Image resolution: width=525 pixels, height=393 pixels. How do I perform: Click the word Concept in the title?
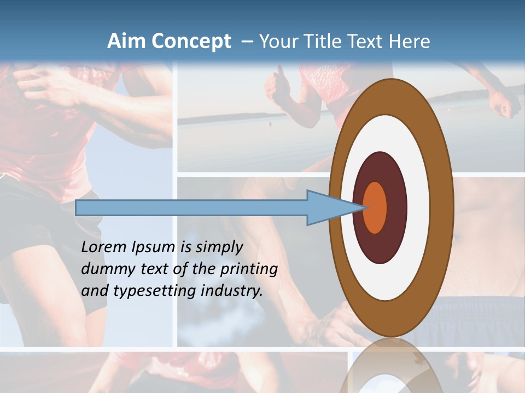click(191, 41)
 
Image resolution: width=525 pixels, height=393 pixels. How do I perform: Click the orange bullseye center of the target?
click(375, 207)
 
